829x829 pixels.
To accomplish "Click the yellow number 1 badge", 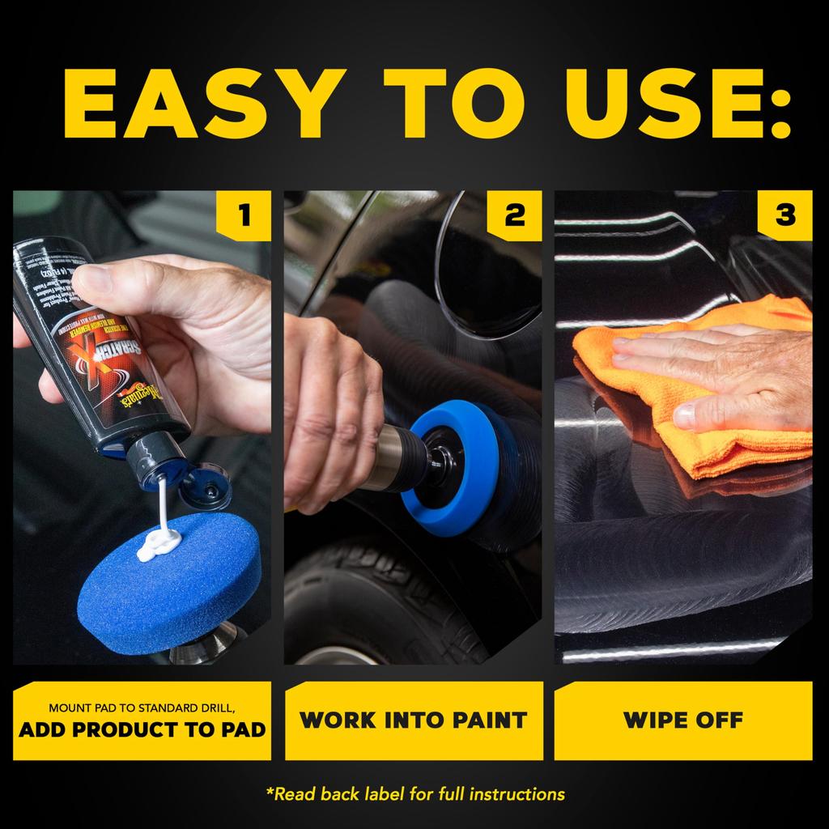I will click(243, 215).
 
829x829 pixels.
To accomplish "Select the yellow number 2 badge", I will click(513, 215).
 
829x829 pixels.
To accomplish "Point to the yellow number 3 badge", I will click(784, 215).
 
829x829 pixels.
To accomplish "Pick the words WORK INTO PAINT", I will click(413, 720).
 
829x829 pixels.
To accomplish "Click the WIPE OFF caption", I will click(683, 720).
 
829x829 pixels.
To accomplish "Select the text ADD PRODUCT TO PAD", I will click(142, 729).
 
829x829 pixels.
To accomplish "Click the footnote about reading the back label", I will click(414, 793).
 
